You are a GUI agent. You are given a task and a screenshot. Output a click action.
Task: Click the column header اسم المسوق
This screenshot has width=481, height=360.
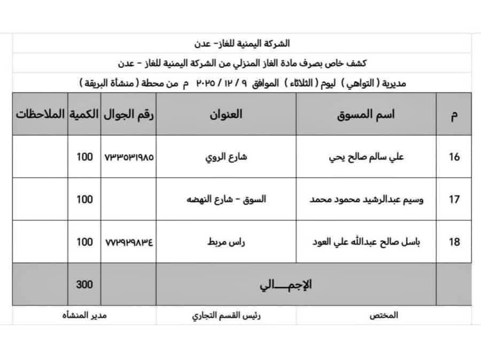[x=366, y=114]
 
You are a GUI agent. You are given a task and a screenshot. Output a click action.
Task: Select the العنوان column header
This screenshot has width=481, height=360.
[x=226, y=114]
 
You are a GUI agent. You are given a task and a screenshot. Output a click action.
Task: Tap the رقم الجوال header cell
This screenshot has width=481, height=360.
[x=128, y=114]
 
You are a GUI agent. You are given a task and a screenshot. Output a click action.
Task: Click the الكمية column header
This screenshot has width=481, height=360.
[x=84, y=114]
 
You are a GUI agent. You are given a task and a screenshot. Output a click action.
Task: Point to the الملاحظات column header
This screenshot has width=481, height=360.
[x=40, y=114]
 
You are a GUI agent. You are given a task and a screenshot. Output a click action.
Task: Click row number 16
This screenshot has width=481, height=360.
[x=454, y=158]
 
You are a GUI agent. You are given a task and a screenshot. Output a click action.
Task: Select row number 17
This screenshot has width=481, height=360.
[x=454, y=200]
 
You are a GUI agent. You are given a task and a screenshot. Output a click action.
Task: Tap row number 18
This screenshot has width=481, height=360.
[x=454, y=242]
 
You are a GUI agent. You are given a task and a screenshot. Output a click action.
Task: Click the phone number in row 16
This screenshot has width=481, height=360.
[x=128, y=158]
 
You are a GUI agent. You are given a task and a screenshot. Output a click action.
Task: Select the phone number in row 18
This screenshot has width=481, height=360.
[x=128, y=242]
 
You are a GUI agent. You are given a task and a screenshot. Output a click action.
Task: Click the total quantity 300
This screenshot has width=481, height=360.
[x=84, y=285]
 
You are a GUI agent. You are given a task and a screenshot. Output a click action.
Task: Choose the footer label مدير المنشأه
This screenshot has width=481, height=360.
[x=84, y=315]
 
